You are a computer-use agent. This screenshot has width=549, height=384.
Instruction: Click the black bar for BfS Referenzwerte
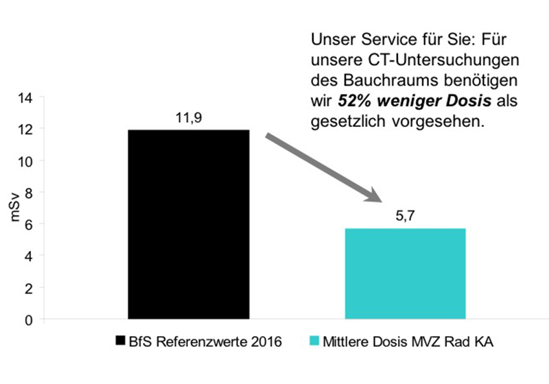pyautogui.click(x=188, y=224)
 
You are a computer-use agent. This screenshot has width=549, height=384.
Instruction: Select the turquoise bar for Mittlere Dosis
pyautogui.click(x=405, y=274)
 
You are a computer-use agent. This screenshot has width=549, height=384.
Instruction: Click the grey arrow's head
pyautogui.click(x=374, y=196)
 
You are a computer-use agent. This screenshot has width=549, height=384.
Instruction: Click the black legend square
pyautogui.click(x=121, y=341)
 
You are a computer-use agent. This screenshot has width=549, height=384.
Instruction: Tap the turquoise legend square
pyautogui.click(x=314, y=341)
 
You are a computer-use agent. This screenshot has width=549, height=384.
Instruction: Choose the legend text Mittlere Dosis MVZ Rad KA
pyautogui.click(x=404, y=341)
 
